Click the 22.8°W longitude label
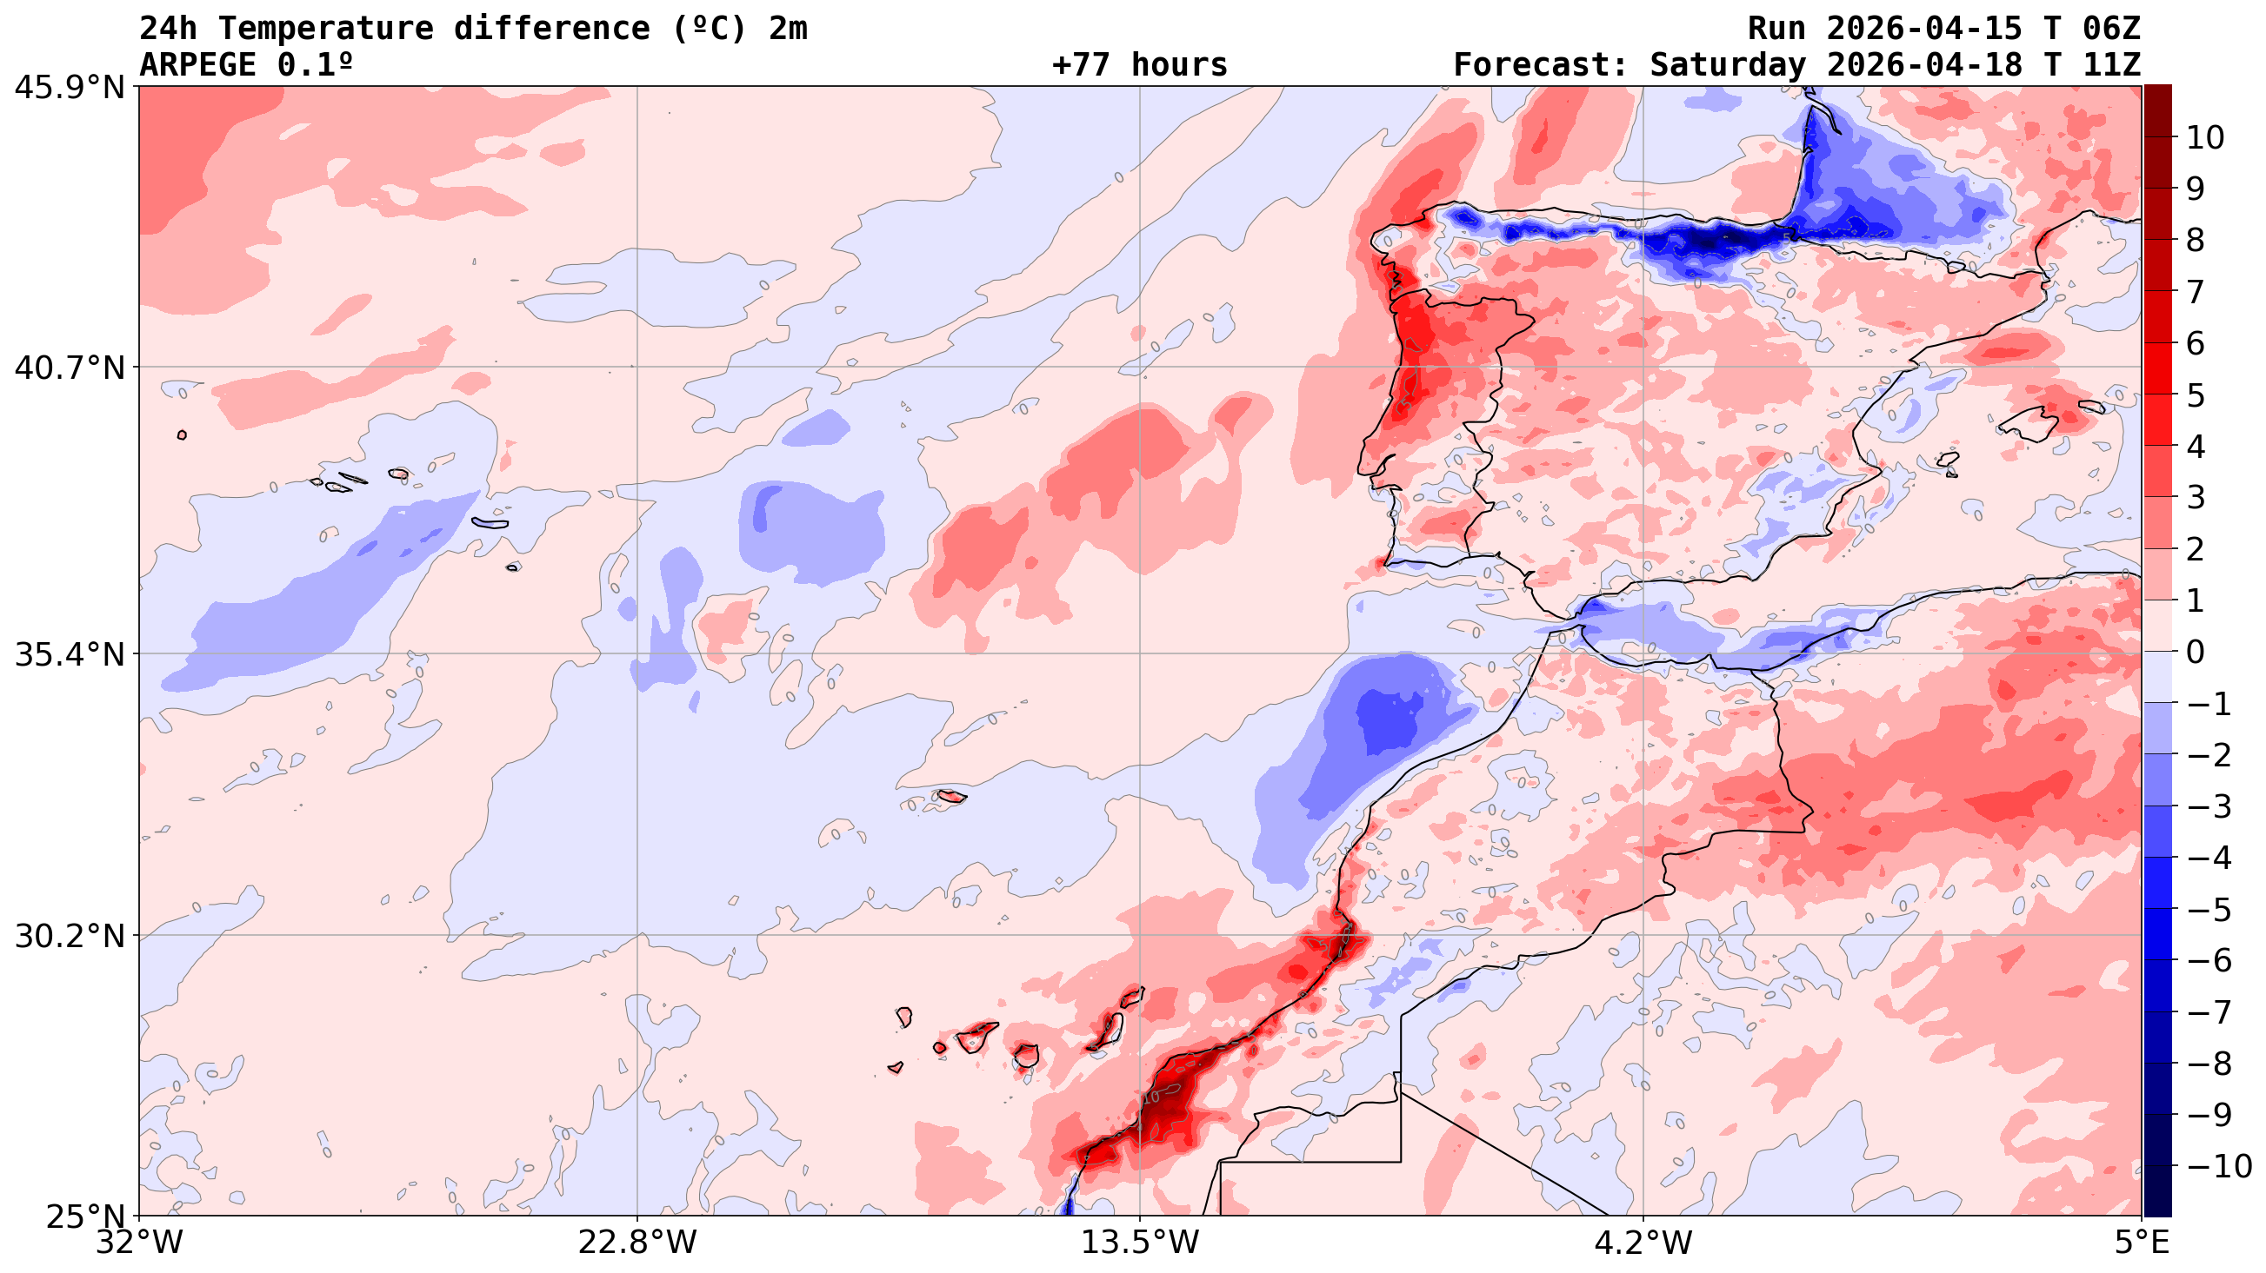(636, 1243)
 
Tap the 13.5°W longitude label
(1140, 1243)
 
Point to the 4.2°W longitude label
(1643, 1243)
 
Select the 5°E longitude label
(2141, 1243)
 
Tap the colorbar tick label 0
(2196, 653)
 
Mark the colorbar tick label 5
(2196, 395)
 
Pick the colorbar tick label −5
(2209, 910)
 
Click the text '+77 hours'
(1139, 65)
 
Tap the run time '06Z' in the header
(2111, 28)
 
